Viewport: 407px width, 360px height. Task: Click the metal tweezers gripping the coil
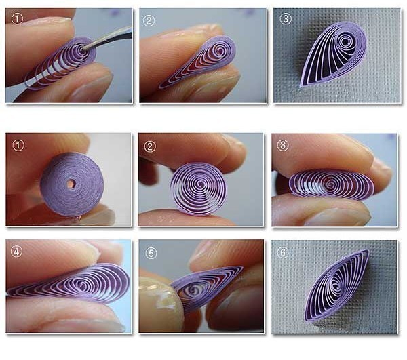[108, 39]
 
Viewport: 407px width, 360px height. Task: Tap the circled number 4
[17, 252]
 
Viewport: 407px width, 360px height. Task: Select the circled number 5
[151, 253]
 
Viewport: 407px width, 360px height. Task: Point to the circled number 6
[283, 252]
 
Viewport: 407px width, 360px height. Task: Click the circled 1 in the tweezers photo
[17, 19]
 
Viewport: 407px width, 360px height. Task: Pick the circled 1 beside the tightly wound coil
[18, 145]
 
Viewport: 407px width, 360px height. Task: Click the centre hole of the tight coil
[70, 184]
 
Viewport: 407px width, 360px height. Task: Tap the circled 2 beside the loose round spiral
[150, 147]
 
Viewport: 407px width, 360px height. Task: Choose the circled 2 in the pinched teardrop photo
[149, 20]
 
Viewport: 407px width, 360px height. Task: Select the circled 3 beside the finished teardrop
[286, 19]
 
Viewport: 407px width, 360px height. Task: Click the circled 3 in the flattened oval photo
[283, 145]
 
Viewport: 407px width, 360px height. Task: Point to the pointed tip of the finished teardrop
[301, 86]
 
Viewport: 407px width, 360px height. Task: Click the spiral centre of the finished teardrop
[345, 41]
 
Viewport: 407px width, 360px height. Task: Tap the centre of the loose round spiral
[200, 184]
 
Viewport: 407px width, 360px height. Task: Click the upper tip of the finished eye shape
[368, 251]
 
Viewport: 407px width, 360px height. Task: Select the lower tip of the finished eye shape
[306, 321]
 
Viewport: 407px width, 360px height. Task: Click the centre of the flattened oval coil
[330, 184]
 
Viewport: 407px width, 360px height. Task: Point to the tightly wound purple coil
[72, 184]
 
